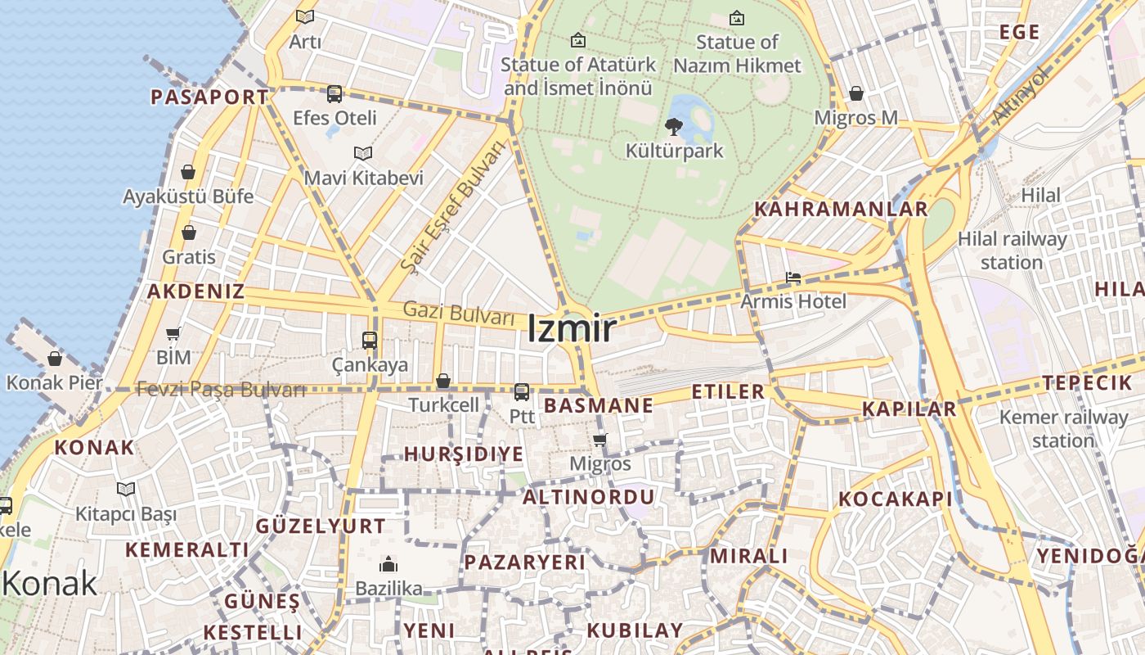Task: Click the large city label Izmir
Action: [571, 329]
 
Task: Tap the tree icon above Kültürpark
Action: [674, 126]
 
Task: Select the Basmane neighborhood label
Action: [599, 405]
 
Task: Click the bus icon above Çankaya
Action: [370, 340]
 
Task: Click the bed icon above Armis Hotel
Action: [793, 278]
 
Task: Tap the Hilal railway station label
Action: [1012, 251]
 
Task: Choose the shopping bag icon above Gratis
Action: [189, 233]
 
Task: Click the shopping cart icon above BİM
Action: [173, 333]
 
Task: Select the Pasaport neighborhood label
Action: [209, 97]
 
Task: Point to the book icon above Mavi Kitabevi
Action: [363, 153]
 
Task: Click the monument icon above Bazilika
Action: [388, 564]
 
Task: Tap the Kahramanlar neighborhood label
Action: [841, 209]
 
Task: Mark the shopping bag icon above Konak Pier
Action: [55, 359]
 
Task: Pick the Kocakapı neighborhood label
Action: [896, 499]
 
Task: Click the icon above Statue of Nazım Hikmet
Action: [737, 17]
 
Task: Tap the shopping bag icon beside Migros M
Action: [856, 93]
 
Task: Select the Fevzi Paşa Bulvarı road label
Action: [221, 390]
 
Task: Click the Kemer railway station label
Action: [1062, 428]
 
